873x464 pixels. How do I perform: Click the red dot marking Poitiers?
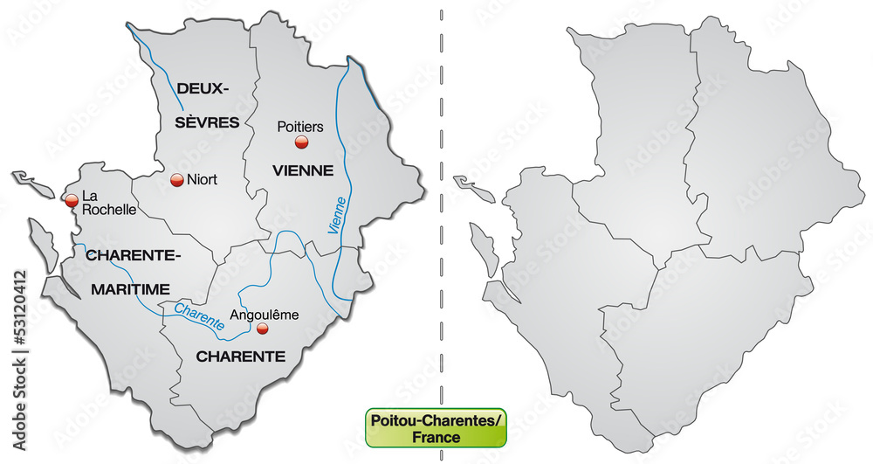click(301, 143)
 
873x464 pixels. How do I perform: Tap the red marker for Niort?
click(176, 180)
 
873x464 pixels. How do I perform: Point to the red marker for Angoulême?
click(262, 329)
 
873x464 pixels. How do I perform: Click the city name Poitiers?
click(299, 126)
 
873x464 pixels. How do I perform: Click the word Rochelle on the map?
click(109, 210)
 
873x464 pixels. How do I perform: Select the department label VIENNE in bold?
click(302, 170)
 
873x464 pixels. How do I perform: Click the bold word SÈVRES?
click(207, 122)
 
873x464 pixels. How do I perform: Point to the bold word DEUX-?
click(203, 88)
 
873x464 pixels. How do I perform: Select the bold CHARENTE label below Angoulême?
click(240, 357)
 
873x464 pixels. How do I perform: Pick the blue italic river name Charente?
click(199, 315)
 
